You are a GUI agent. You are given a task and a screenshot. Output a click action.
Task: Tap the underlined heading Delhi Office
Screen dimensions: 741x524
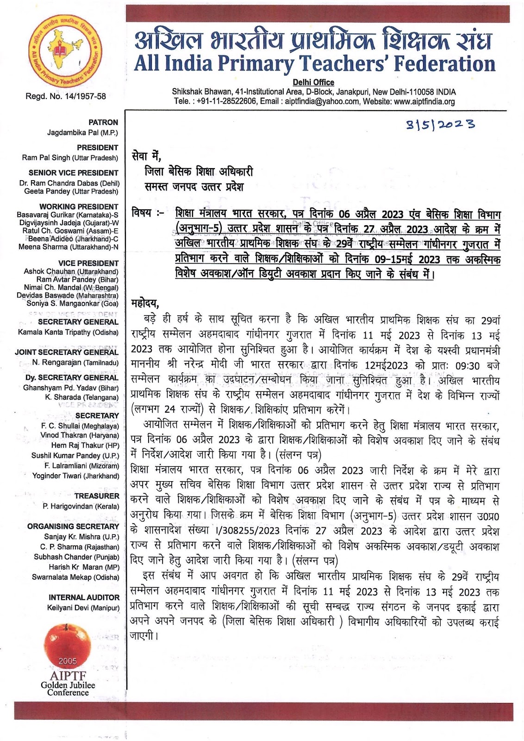click(x=313, y=82)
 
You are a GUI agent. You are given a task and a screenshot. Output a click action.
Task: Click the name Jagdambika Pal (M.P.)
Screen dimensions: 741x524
click(x=82, y=132)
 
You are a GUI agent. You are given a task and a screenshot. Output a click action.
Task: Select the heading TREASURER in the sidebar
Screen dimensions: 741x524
click(x=97, y=496)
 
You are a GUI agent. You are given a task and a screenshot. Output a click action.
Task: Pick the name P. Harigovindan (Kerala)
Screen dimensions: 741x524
click(x=81, y=506)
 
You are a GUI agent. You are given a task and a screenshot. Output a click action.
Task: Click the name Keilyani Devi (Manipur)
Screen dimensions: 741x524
click(x=83, y=608)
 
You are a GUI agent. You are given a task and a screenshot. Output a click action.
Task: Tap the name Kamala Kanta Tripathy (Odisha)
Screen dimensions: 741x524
click(x=68, y=332)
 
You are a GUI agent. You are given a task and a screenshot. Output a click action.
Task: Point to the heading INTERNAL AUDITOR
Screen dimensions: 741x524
click(x=84, y=597)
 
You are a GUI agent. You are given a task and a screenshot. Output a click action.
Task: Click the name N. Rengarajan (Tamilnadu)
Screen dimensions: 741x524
click(x=75, y=363)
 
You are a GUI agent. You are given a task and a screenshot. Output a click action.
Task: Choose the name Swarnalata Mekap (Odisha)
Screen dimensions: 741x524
click(x=75, y=577)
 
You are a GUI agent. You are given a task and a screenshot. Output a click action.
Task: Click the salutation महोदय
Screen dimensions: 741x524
click(x=145, y=304)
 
